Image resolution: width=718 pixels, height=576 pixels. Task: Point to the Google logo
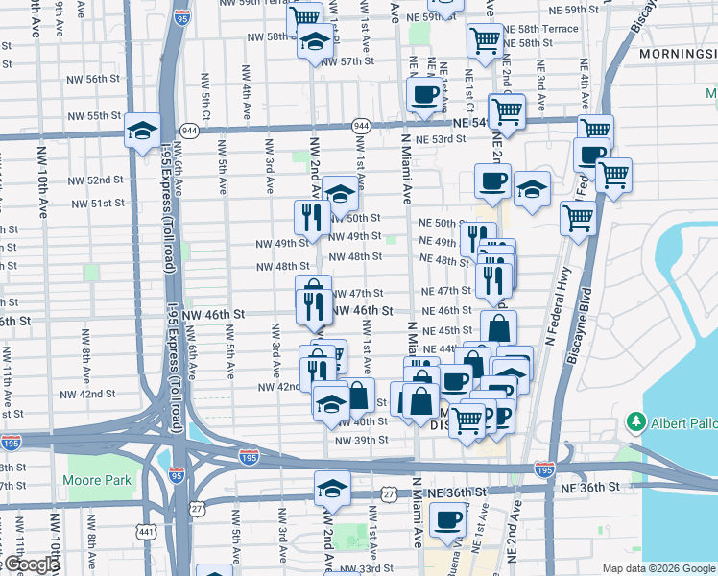point(30,565)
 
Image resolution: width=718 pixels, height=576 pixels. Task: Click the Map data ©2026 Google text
point(659,568)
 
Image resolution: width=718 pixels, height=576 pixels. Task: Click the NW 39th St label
point(362,440)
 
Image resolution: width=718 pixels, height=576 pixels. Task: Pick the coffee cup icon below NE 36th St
point(446,520)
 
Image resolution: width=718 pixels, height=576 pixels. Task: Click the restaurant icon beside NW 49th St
point(310,217)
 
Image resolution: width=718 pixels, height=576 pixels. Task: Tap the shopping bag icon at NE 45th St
point(498,327)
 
